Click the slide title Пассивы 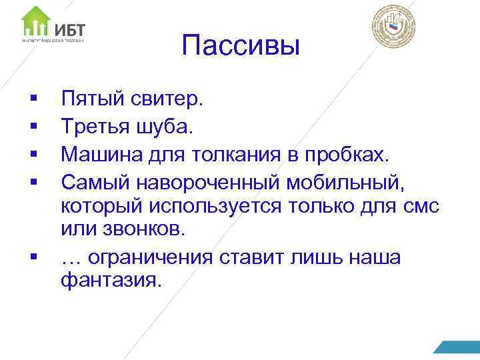pyautogui.click(x=240, y=47)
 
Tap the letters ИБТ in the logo pyautogui.click(x=70, y=29)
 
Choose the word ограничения pyautogui.click(x=160, y=257)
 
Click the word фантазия pyautogui.click(x=110, y=281)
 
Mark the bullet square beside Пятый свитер pyautogui.click(x=33, y=100)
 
